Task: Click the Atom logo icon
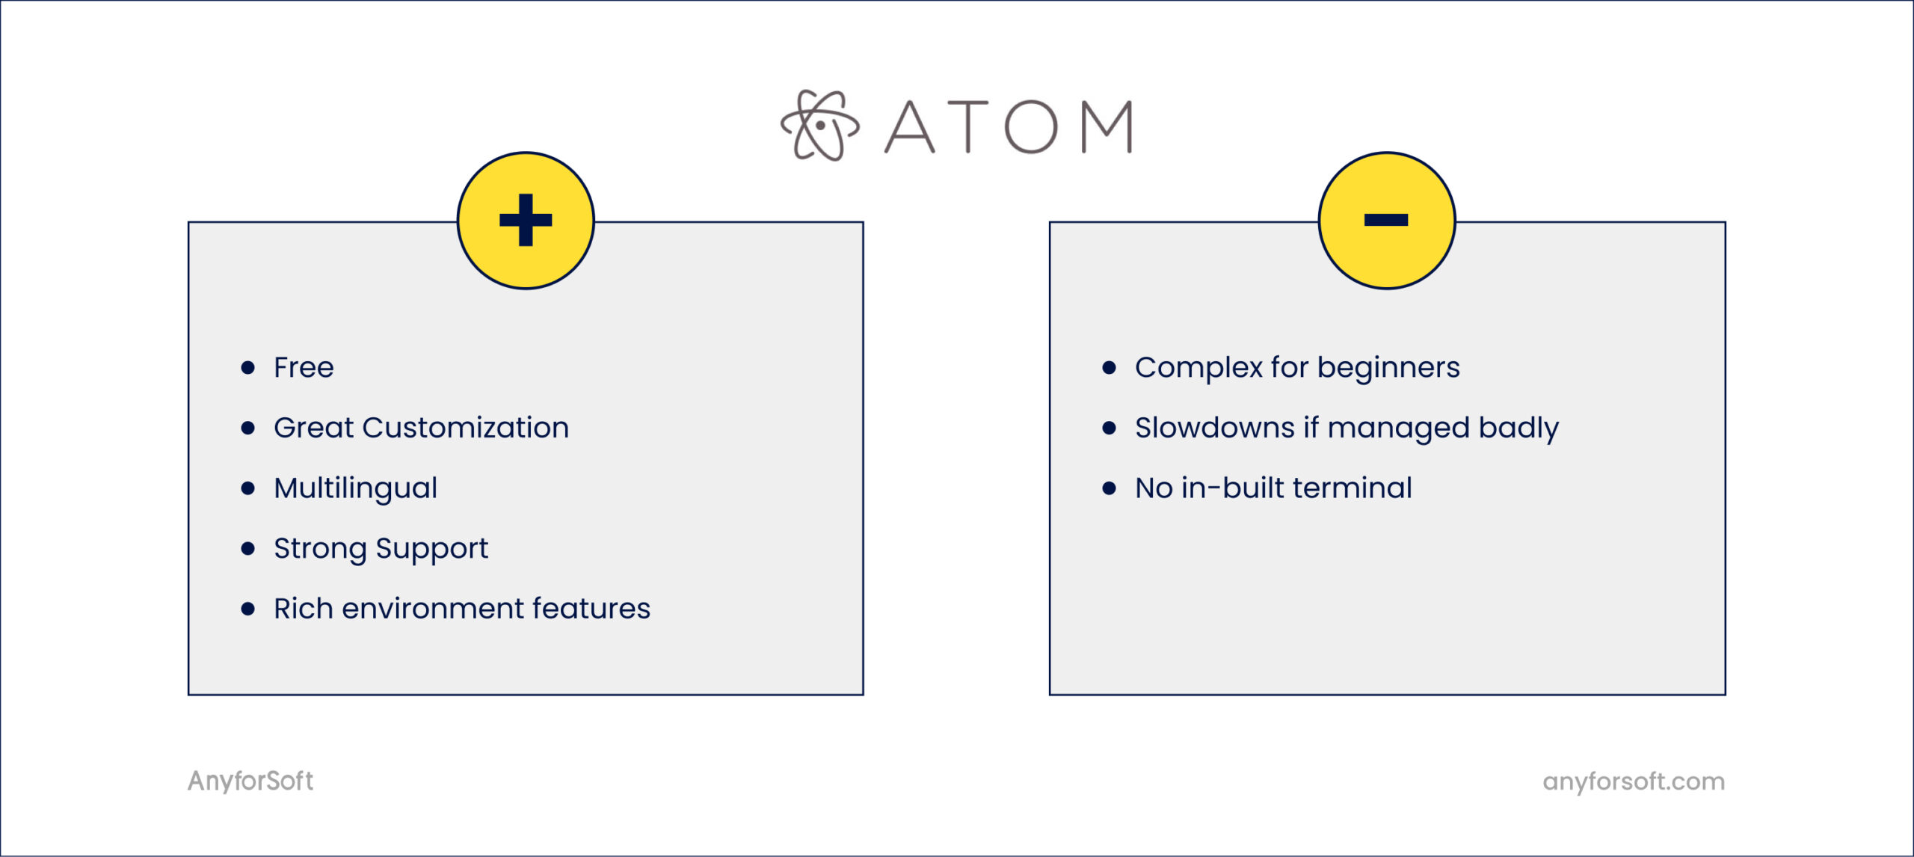[x=819, y=126]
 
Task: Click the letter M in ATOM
[x=1108, y=127]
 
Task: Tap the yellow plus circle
[x=526, y=220]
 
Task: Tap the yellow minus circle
[x=1386, y=220]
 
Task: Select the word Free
[x=304, y=367]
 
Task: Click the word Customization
[x=465, y=428]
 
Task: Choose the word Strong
[x=320, y=549]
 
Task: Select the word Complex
[x=1198, y=368]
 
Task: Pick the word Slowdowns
[x=1214, y=428]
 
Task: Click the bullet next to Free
[x=248, y=367]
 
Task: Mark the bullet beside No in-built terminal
[x=1109, y=488]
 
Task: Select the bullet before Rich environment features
[x=248, y=609]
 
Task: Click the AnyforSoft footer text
[x=250, y=781]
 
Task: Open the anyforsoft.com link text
[x=1634, y=781]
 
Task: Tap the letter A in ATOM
[x=910, y=127]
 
